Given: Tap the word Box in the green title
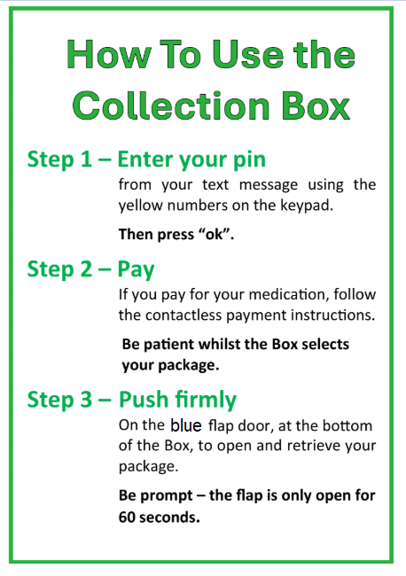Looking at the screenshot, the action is click(316, 105).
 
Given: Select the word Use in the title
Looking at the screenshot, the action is click(248, 54).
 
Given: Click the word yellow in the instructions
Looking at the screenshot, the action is click(140, 206).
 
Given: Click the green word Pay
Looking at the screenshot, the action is click(136, 270).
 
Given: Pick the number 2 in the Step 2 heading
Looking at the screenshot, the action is click(86, 269).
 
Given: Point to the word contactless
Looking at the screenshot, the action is click(183, 315).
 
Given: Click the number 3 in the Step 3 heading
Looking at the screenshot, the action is click(86, 400).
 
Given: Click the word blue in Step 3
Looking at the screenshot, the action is click(186, 425).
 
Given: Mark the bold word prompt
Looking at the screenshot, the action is click(167, 496).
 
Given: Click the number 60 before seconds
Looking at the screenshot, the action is click(127, 518).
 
